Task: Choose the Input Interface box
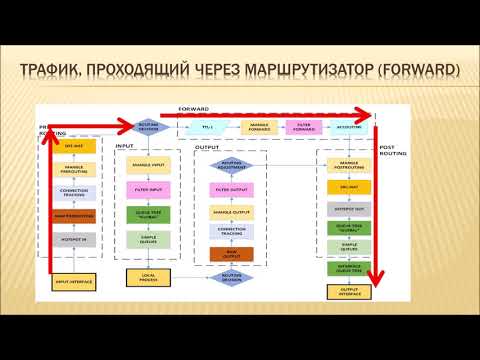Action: click(73, 283)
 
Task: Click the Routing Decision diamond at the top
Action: click(148, 128)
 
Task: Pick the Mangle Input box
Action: click(148, 165)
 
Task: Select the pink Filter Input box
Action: click(148, 188)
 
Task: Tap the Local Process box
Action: click(148, 276)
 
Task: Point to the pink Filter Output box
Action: click(230, 188)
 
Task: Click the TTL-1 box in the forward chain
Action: click(207, 127)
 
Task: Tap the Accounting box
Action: click(347, 127)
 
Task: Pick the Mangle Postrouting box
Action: click(349, 165)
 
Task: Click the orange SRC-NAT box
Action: click(349, 187)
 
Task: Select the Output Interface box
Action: click(349, 291)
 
